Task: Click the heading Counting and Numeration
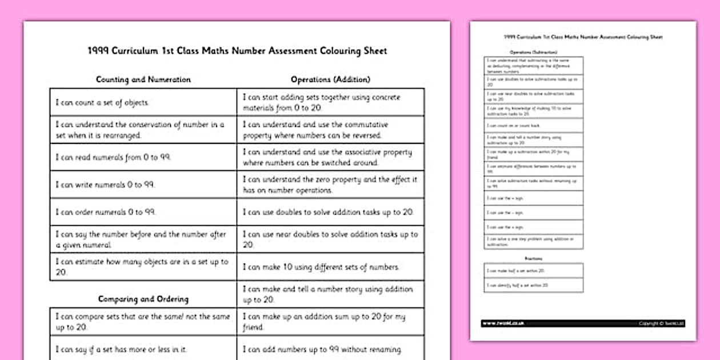pyautogui.click(x=143, y=79)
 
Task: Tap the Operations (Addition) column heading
pyautogui.click(x=330, y=79)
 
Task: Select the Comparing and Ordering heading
pyautogui.click(x=143, y=299)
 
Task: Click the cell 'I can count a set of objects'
pyautogui.click(x=143, y=103)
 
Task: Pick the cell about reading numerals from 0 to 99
pyautogui.click(x=143, y=157)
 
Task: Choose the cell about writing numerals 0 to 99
pyautogui.click(x=143, y=185)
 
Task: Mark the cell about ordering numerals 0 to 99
pyautogui.click(x=143, y=212)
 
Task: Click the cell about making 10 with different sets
pyautogui.click(x=330, y=267)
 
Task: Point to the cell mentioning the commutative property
pyautogui.click(x=330, y=130)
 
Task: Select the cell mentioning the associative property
pyautogui.click(x=330, y=157)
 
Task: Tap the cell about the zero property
pyautogui.click(x=330, y=185)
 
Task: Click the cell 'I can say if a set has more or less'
pyautogui.click(x=143, y=349)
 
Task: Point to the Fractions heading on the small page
pyautogui.click(x=533, y=258)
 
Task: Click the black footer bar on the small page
pyautogui.click(x=583, y=323)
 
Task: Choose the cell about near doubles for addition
pyautogui.click(x=330, y=239)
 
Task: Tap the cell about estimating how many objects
pyautogui.click(x=143, y=267)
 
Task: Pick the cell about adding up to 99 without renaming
pyautogui.click(x=330, y=349)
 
